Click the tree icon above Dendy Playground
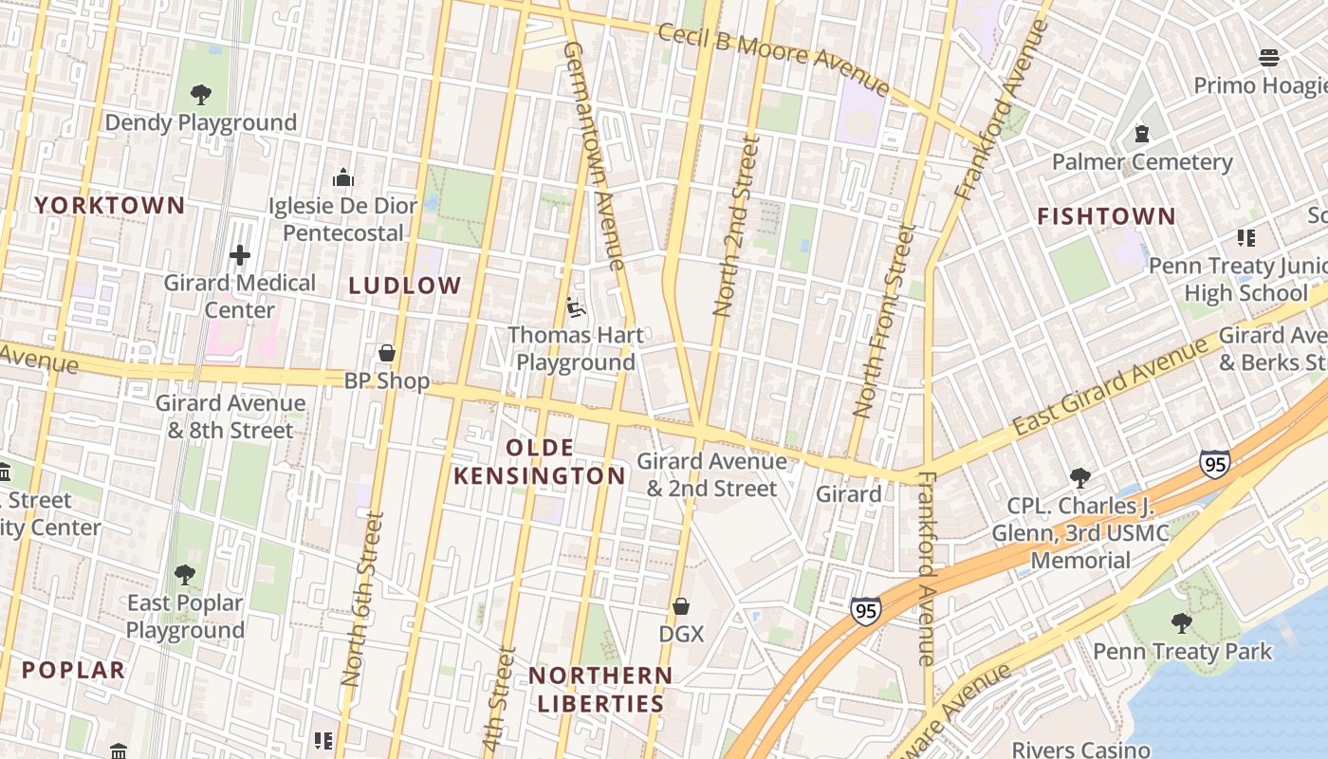tap(200, 94)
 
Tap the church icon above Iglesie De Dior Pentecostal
tap(342, 177)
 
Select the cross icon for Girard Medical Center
tap(240, 254)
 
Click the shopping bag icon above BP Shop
tap(386, 353)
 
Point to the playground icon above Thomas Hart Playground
tap(575, 306)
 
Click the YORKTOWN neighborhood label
tap(110, 205)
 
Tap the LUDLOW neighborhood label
tap(405, 286)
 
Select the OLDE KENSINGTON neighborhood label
tap(539, 462)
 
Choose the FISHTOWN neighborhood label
tap(1106, 216)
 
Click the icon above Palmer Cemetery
tap(1142, 134)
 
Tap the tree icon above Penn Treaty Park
tap(1181, 622)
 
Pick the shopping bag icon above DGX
tap(681, 605)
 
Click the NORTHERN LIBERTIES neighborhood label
tap(599, 690)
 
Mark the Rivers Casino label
tap(1080, 750)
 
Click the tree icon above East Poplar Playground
tap(185, 574)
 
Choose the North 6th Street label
tap(363, 600)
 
